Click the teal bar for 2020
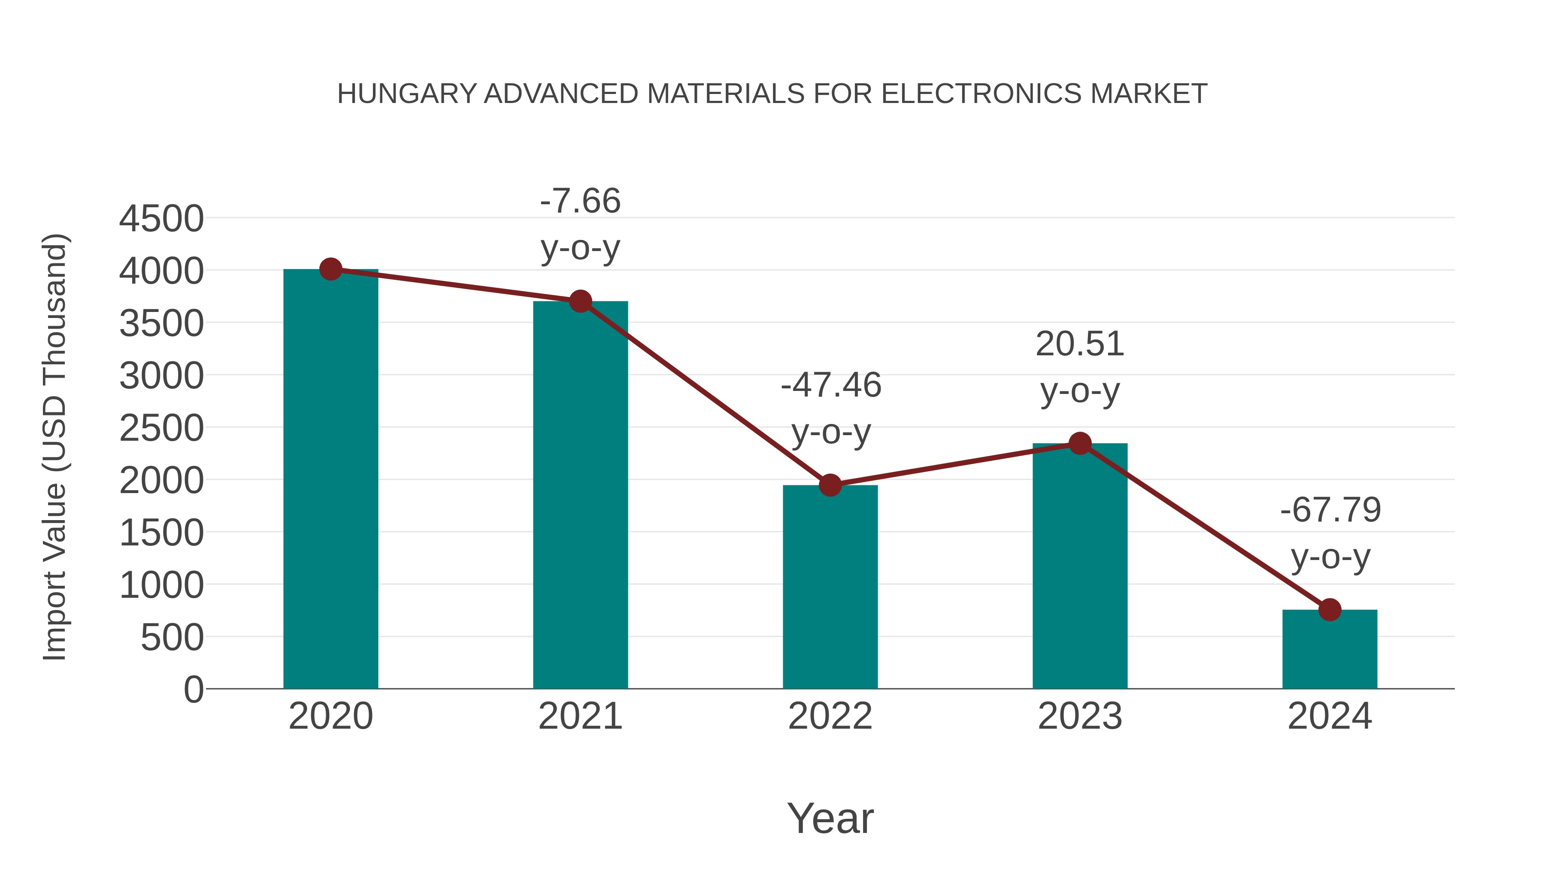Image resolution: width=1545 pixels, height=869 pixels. [330, 480]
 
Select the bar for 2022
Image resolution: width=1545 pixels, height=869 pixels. [830, 588]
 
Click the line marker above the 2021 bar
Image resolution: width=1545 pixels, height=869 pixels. [580, 301]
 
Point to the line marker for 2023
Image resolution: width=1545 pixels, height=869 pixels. [1080, 444]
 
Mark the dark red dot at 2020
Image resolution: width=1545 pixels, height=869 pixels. [330, 269]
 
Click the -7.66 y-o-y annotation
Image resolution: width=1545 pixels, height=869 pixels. [580, 224]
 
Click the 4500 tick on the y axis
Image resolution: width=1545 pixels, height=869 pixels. [161, 219]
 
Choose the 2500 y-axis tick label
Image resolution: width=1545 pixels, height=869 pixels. [161, 429]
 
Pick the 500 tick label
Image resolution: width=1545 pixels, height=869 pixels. [172, 638]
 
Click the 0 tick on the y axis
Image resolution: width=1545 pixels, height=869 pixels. [193, 690]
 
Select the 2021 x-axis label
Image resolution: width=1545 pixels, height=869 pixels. [580, 717]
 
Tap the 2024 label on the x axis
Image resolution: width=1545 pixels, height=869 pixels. [1330, 717]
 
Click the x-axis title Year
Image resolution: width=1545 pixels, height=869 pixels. [830, 818]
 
